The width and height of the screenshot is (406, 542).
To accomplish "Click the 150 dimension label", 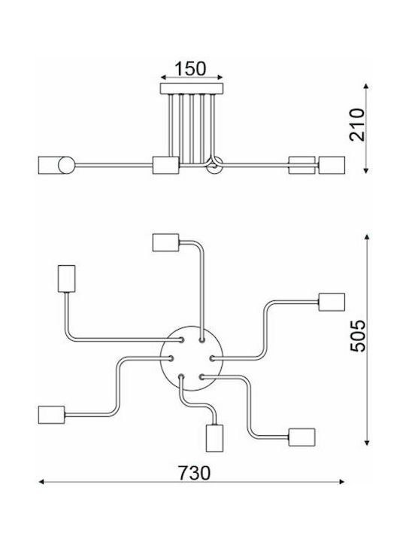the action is point(190,69).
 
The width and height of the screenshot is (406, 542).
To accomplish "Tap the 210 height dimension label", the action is point(357,125).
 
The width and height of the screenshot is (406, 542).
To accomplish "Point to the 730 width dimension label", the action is point(194,473).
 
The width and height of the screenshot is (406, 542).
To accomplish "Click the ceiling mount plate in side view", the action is point(192,89).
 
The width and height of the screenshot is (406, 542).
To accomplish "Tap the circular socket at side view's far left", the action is point(66,165).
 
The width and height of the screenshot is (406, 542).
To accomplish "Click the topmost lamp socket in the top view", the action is point(165,242).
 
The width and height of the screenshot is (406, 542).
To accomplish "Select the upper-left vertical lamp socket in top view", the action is point(67,279).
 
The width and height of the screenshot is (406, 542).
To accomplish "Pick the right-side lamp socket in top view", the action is point(332,302).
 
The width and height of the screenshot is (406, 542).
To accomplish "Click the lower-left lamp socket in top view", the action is point(51,415).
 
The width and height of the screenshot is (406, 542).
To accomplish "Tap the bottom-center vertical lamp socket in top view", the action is point(214,437).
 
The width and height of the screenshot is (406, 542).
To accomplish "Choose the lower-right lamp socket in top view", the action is point(301,437).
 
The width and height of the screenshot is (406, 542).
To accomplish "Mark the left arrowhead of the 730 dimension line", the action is point(41,482).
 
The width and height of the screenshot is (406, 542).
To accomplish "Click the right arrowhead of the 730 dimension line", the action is point(342,482).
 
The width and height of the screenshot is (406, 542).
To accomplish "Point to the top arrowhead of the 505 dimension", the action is point(367,237).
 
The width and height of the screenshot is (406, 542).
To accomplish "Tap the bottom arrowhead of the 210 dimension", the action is point(367,170).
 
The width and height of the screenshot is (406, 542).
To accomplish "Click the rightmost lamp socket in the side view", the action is point(332,165).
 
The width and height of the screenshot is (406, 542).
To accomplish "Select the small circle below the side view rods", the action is point(214,166).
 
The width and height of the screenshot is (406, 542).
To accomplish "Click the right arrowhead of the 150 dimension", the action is point(220,78).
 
